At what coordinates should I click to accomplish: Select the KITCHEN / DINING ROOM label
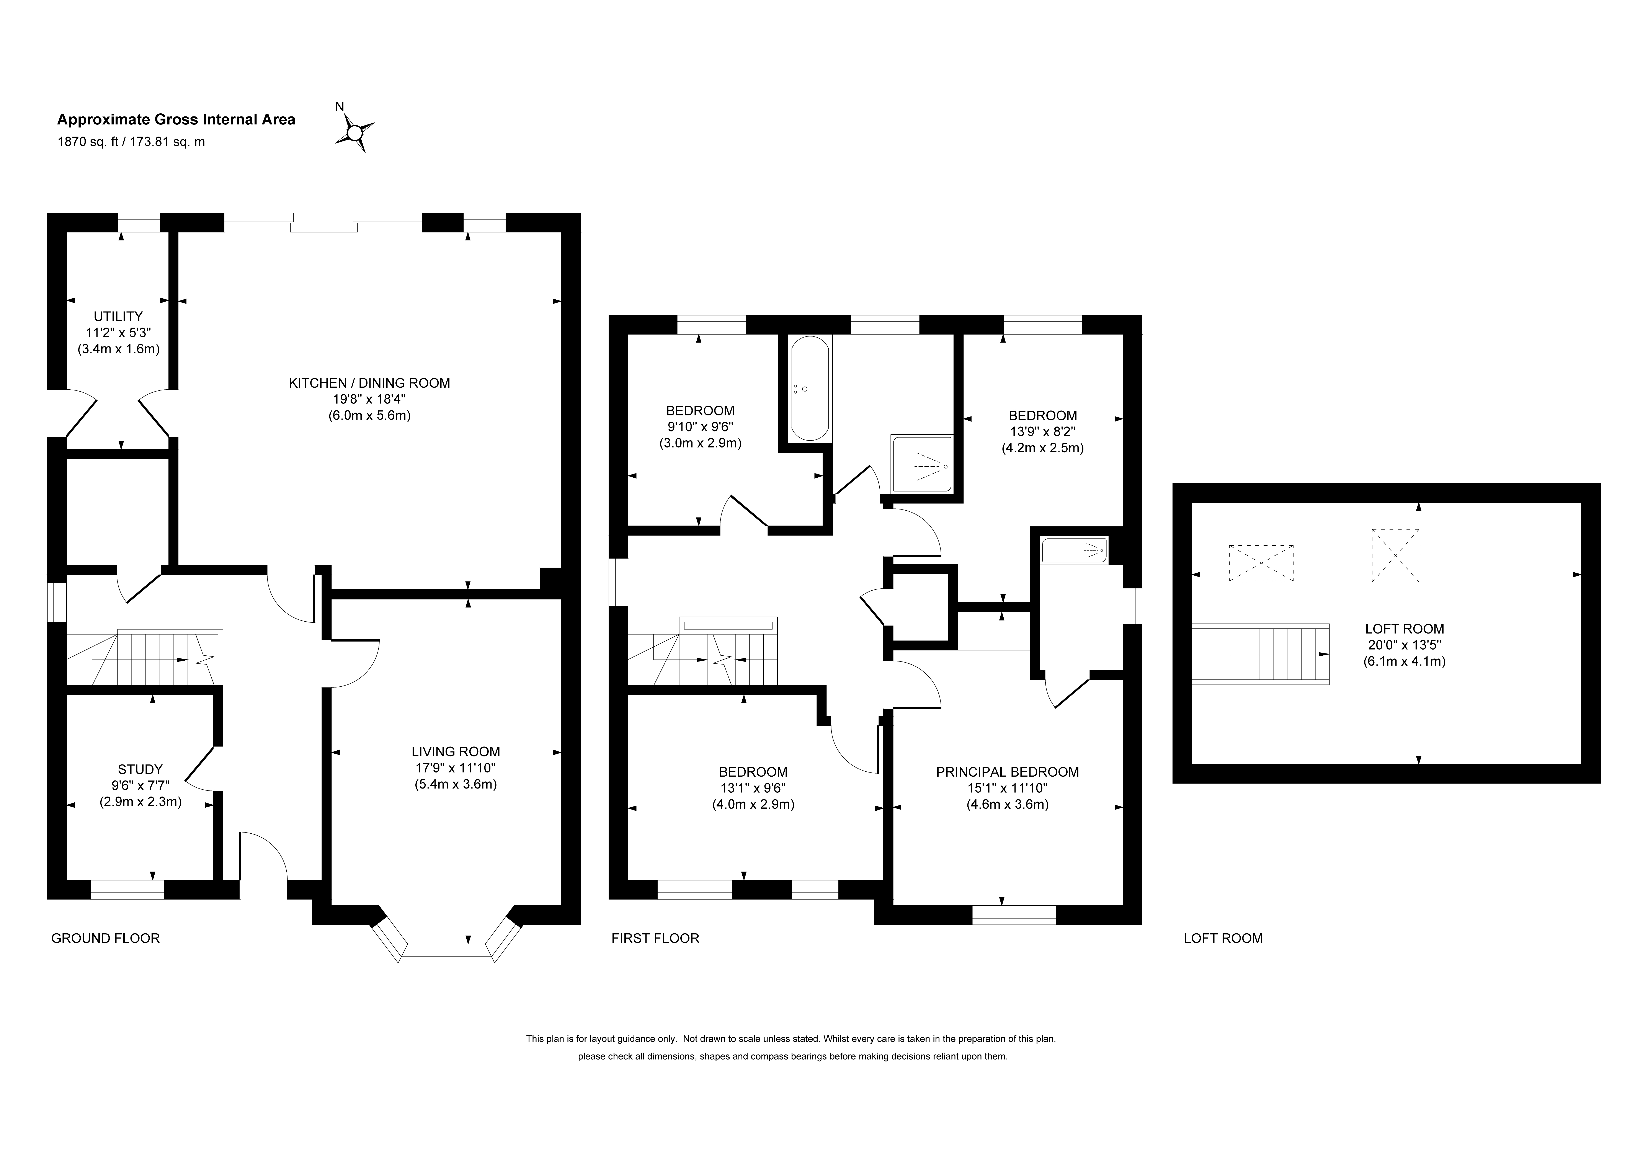coord(369,383)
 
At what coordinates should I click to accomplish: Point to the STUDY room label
coord(140,769)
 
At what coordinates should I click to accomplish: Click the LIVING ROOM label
coord(456,752)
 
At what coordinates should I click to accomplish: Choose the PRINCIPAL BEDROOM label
coord(1008,772)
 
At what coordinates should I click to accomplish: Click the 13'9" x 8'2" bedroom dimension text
coord(1043,432)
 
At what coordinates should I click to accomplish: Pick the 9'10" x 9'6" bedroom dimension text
coord(700,427)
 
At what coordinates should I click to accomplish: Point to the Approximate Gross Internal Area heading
coord(176,119)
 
